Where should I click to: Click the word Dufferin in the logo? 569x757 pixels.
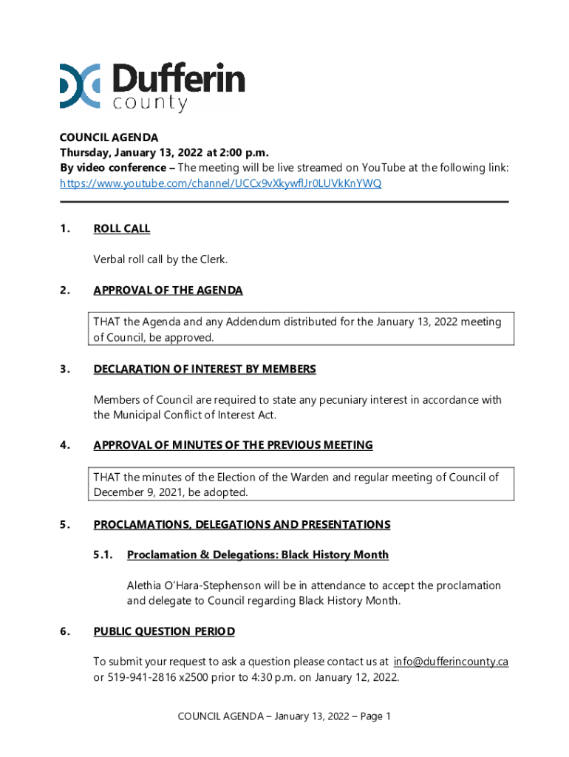pos(179,78)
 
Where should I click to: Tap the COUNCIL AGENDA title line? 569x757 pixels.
pos(109,138)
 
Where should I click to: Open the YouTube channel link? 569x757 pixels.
pos(220,183)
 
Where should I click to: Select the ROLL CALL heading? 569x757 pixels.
pos(121,228)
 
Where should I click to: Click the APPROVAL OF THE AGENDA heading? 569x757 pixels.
pos(168,291)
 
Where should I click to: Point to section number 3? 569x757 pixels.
pos(65,369)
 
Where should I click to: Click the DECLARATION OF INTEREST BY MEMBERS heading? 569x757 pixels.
pos(205,369)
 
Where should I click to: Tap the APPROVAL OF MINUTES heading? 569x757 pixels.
pos(233,445)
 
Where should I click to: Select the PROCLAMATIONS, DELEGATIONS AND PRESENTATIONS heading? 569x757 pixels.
pos(242,525)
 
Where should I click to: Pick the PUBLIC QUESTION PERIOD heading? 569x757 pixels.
pos(164,631)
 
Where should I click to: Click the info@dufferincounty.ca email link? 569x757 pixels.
pos(450,662)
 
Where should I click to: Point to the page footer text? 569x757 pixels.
pos(284,716)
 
